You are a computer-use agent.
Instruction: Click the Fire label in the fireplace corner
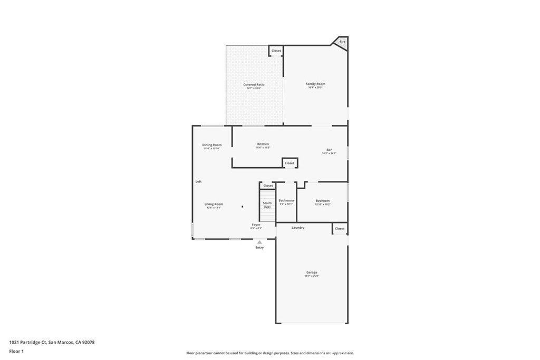pos(342,42)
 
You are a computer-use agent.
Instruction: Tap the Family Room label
pos(315,84)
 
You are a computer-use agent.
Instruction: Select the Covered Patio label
pos(254,85)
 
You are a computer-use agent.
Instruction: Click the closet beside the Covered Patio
pos(276,51)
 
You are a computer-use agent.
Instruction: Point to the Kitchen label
pos(263,144)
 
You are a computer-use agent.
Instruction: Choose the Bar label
pos(329,150)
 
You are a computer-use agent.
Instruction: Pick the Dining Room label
pos(212,145)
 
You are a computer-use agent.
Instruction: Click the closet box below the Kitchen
pos(290,163)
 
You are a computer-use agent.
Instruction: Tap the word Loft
pos(199,182)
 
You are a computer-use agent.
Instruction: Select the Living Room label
pos(214,205)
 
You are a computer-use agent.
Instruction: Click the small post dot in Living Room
pos(243,207)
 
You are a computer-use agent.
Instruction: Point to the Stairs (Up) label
pos(267,205)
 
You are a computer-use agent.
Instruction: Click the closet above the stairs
pos(268,186)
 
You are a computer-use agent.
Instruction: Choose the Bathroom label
pos(286,201)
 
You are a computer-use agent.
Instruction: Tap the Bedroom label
pos(323,201)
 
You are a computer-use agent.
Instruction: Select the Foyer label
pos(256,225)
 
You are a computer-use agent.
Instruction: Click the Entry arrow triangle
pos(259,242)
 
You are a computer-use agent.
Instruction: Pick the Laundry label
pos(298,228)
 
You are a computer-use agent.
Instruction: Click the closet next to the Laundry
pos(340,229)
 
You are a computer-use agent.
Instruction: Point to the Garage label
pos(312,273)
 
